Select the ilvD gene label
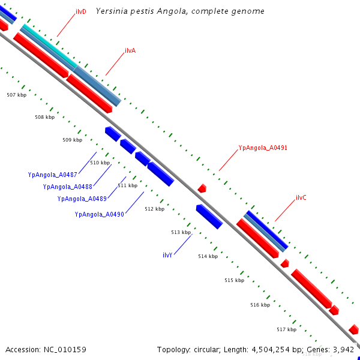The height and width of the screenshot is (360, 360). [80, 12]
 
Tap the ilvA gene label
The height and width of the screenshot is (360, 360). [130, 50]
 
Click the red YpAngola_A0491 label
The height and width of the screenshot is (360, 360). [263, 148]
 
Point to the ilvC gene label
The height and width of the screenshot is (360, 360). [301, 197]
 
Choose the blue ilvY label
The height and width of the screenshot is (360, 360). [167, 255]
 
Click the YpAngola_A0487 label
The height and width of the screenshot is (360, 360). [52, 175]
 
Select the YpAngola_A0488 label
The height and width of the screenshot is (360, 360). [68, 187]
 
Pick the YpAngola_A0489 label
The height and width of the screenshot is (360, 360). [82, 199]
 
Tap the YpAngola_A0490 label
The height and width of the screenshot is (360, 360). [100, 214]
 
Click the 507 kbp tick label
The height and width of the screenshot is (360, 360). [16, 95]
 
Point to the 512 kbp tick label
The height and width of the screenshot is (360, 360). [154, 209]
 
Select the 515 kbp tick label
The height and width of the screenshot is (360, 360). [234, 280]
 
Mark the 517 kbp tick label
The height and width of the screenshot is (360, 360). [286, 329]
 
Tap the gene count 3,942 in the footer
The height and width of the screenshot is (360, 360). [344, 349]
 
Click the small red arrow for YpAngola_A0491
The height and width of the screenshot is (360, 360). [202, 188]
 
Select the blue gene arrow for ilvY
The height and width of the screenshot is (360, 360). [209, 216]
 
